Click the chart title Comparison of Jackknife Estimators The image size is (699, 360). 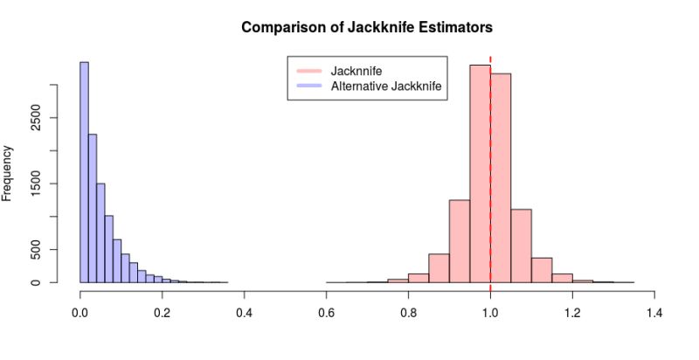pos(367,27)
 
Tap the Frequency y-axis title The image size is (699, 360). pos(8,173)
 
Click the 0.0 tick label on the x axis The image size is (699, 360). pos(80,311)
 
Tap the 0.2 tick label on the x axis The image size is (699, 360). pos(163,311)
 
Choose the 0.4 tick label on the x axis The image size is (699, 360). pos(245,311)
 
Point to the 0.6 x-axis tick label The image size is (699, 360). pos(327,311)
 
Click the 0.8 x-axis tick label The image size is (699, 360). pos(409,311)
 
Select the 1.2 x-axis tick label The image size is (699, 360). pos(572,311)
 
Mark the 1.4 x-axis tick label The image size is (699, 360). pos(654,311)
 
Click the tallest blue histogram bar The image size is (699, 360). pos(85,175)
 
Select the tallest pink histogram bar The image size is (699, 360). pos(480,175)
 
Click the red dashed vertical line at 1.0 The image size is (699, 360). pos(490,131)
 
